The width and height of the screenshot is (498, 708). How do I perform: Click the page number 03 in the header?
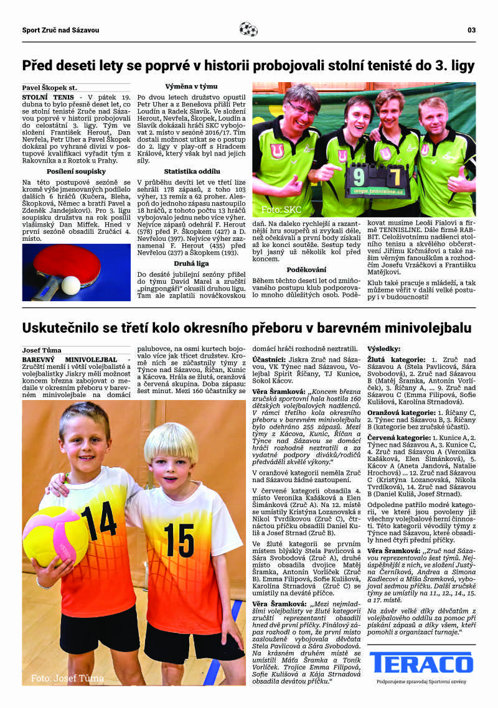pos(471,30)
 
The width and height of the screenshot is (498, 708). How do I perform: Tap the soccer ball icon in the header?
pos(248,29)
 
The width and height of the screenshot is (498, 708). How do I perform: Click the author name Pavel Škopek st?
pos(50,88)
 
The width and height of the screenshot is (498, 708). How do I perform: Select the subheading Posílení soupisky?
pos(76,171)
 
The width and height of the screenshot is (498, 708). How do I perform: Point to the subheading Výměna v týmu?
pos(190,86)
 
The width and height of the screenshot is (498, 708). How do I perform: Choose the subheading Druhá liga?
pos(190,263)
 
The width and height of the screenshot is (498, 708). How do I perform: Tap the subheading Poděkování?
pos(306,269)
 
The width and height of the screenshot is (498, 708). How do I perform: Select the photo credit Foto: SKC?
pos(281,210)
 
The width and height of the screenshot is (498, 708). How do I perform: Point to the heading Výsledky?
pos(384,349)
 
